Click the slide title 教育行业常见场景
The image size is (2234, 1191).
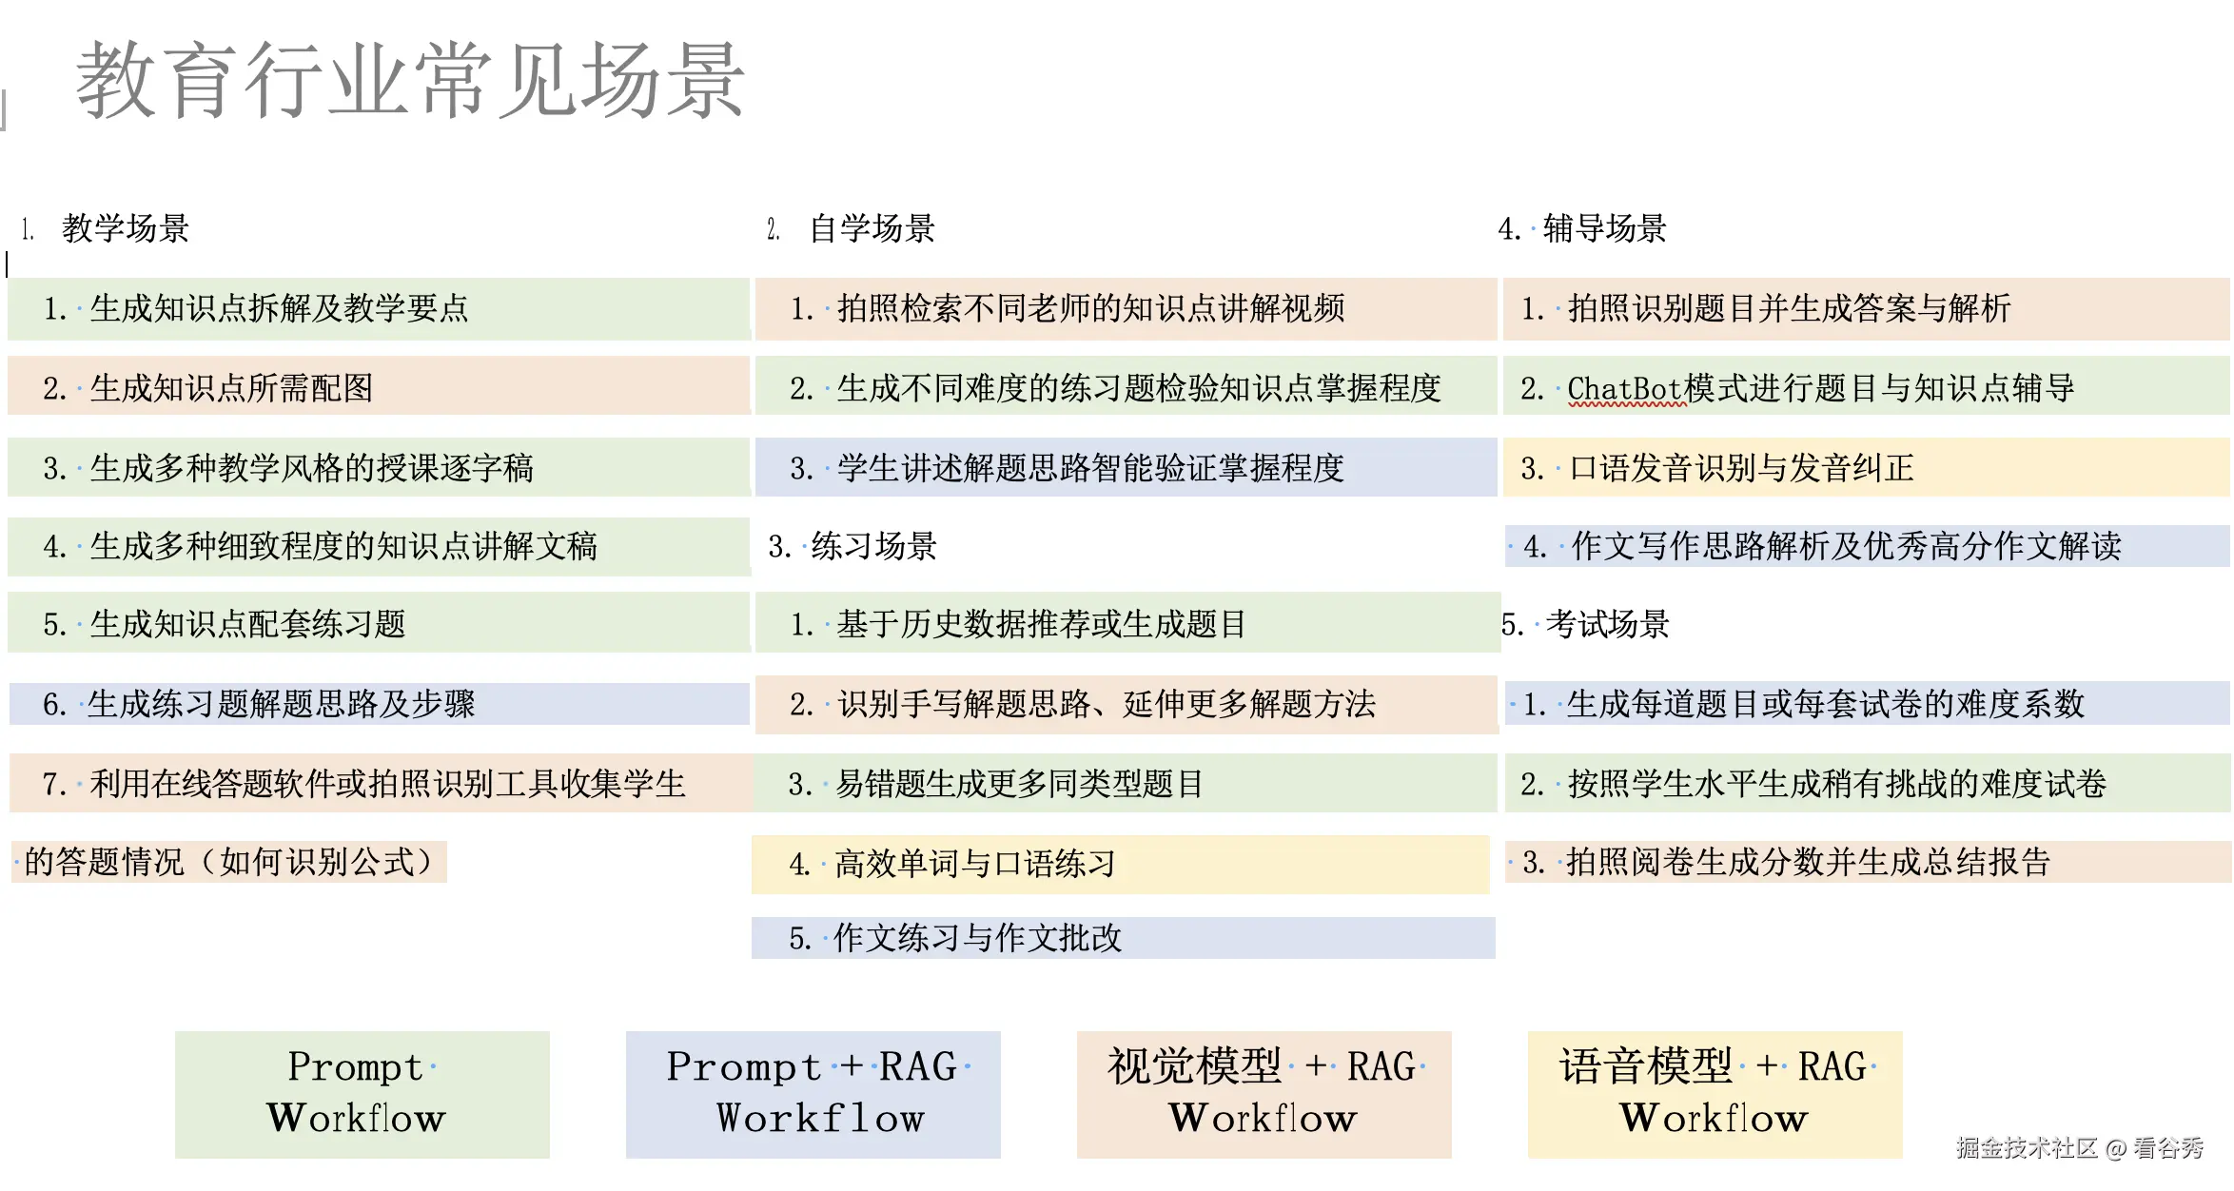coord(409,82)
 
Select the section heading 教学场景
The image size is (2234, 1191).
coord(125,229)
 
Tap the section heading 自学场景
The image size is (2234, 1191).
coord(872,229)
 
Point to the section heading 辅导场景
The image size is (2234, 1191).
coord(1604,229)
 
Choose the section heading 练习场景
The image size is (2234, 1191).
coord(873,546)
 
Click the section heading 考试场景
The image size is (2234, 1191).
coord(1607,625)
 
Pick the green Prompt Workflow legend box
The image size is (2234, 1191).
coord(362,1094)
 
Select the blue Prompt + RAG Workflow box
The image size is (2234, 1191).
coord(813,1094)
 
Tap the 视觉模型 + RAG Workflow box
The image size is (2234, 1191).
coord(1264,1094)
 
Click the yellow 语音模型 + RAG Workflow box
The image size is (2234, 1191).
coord(1715,1094)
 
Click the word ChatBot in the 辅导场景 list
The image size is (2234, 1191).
coord(1624,389)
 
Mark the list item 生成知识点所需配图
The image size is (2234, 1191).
coord(230,388)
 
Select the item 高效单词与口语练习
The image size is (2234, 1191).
coord(974,864)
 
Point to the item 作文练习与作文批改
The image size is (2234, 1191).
coord(977,938)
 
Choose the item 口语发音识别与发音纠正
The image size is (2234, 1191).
coord(1741,468)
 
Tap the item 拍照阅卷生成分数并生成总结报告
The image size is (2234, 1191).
coord(1808,862)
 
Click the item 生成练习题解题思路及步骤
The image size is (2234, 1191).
coord(281,704)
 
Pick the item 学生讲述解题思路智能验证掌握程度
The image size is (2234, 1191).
coord(1089,468)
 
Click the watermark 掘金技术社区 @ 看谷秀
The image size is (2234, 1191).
coord(2079,1148)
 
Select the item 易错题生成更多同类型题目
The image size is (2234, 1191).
coord(1019,784)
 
